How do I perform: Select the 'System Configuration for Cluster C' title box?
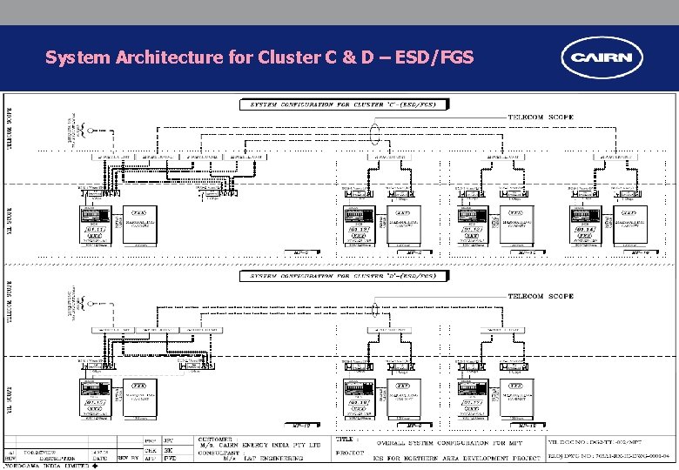point(345,104)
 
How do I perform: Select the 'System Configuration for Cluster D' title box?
point(345,276)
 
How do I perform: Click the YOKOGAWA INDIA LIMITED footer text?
point(44,466)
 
